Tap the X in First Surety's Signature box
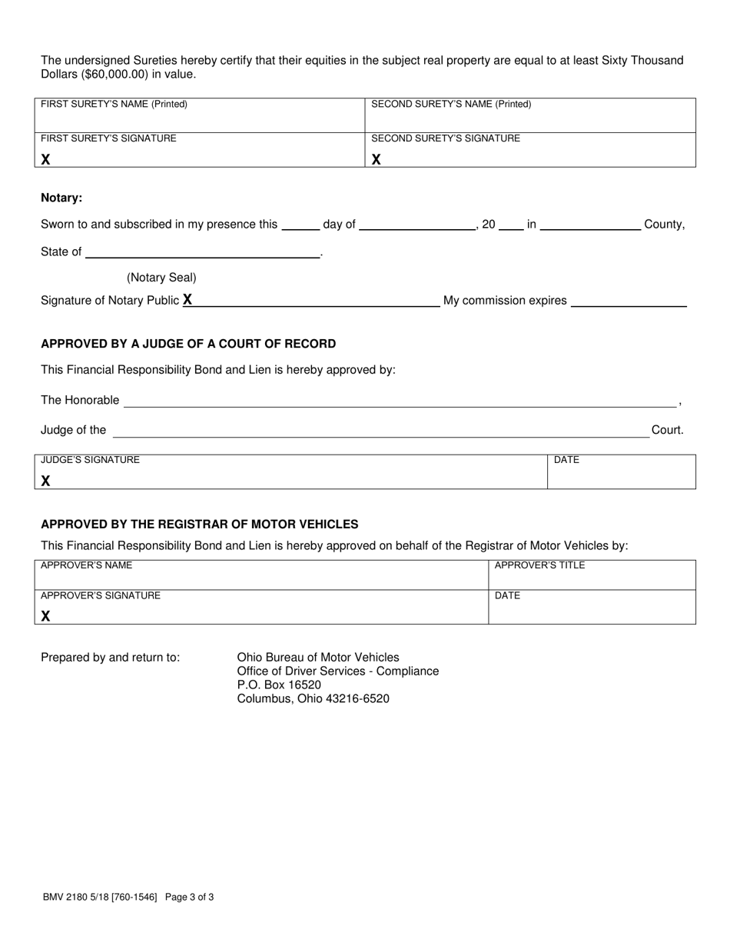(46, 159)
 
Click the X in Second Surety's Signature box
(377, 159)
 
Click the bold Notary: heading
(61, 198)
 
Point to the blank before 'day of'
(300, 225)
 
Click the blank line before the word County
(591, 225)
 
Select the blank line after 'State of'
(203, 252)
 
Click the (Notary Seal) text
(161, 278)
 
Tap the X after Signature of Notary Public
(187, 300)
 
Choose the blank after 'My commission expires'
(629, 301)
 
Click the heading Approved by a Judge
(188, 344)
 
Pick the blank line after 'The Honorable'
(400, 401)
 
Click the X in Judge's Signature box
(46, 481)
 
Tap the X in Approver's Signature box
(46, 615)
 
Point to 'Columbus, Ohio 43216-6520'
(313, 699)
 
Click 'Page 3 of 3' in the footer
(189, 897)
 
